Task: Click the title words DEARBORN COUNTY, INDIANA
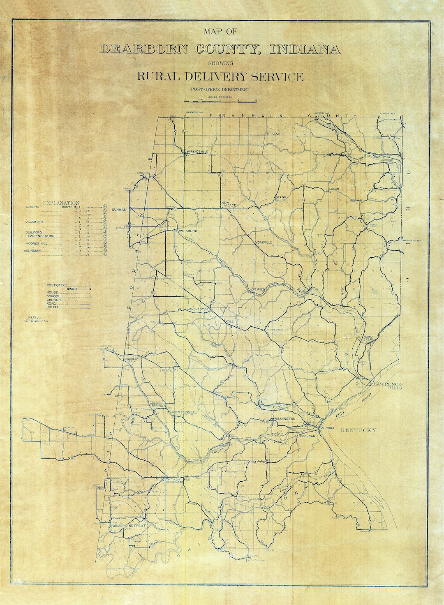[220, 49]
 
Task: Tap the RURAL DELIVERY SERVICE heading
[220, 76]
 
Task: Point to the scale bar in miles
[220, 100]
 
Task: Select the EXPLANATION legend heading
[61, 203]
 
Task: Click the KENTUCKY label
[358, 430]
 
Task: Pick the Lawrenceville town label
[197, 152]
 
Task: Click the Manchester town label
[199, 309]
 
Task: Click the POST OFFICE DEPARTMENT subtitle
[220, 89]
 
